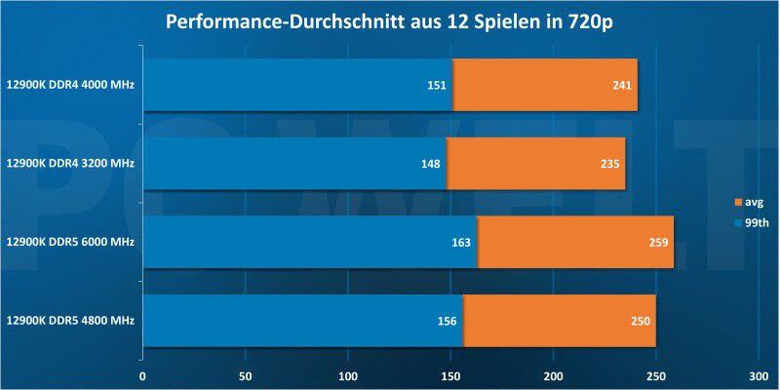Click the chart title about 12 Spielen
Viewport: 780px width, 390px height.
(x=389, y=20)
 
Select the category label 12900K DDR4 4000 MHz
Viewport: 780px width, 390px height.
(x=69, y=85)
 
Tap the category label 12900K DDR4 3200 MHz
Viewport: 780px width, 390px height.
(x=69, y=163)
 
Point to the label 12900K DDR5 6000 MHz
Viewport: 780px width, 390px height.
(x=69, y=241)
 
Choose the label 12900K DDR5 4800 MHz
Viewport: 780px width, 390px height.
(x=69, y=319)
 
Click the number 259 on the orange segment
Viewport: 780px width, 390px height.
(x=656, y=241)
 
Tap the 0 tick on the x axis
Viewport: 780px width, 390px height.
(x=143, y=373)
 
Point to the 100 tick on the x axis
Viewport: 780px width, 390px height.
(x=348, y=373)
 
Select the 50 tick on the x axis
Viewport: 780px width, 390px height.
(x=246, y=373)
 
